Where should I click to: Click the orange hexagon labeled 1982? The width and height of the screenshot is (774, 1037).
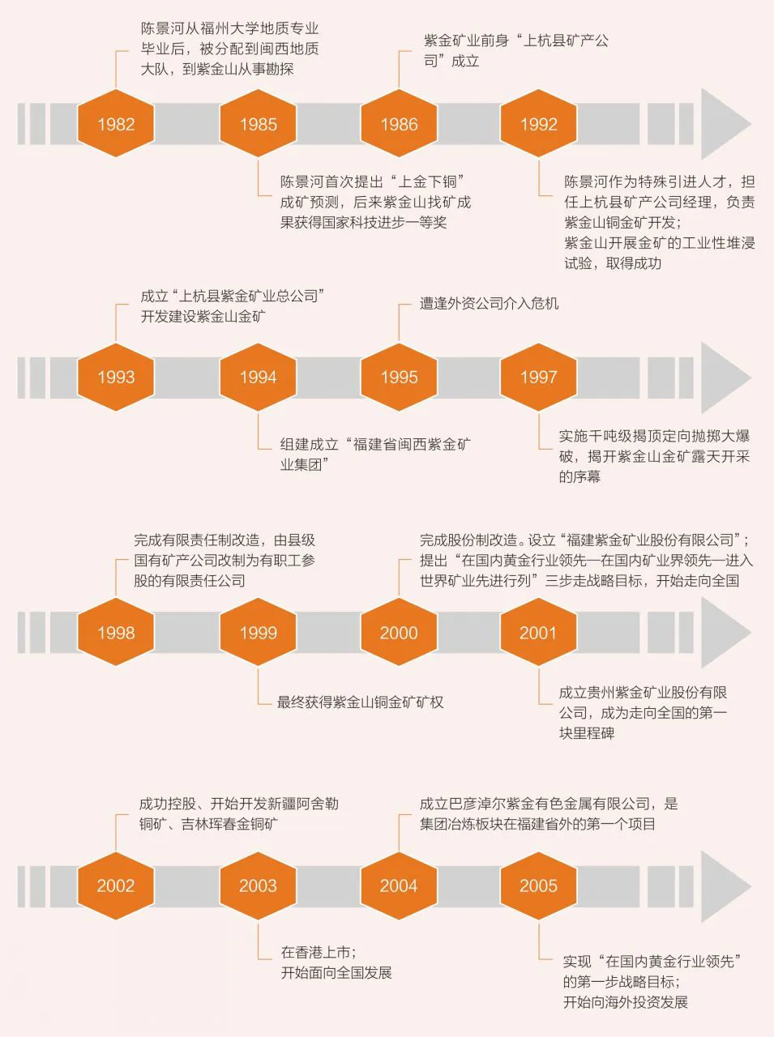pos(116,124)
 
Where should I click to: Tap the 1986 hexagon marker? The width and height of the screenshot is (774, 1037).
pos(399,124)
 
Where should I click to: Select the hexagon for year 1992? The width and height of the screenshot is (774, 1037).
pos(539,124)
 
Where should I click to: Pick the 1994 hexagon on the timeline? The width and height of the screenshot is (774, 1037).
pos(258,377)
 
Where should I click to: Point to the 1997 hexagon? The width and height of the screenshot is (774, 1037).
pos(539,377)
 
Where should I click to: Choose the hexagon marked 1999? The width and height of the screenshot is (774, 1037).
pos(258,633)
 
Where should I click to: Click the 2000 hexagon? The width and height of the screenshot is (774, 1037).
pos(399,633)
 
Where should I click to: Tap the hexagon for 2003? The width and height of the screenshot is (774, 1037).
pos(258,886)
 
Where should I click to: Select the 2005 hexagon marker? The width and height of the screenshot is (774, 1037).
pos(539,886)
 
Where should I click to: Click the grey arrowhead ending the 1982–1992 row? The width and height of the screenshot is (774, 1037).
pos(724,124)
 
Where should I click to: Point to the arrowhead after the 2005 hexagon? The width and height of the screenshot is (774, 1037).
pos(724,886)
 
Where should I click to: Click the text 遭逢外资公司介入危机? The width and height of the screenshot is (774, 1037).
pos(489,304)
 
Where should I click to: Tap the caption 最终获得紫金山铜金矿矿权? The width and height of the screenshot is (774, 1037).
pos(361,702)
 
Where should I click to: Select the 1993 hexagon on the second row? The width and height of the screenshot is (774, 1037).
pos(116,377)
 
